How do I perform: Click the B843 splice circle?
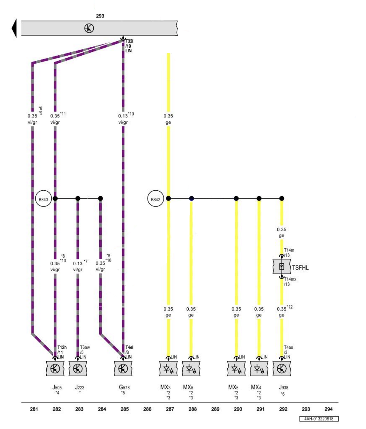tap(43, 199)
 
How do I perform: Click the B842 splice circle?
tap(155, 199)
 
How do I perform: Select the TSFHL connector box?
tap(282, 267)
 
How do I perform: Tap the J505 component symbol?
tap(55, 368)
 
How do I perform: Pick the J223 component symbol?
tap(78, 368)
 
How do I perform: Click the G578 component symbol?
tap(123, 368)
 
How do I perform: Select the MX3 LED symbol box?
tap(168, 369)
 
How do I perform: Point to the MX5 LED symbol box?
tap(191, 369)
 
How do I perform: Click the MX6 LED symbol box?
tap(236, 369)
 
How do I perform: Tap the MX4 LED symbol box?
tap(259, 369)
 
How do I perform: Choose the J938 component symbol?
tap(282, 368)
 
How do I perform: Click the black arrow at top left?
tap(14, 28)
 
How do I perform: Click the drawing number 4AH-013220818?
tap(319, 419)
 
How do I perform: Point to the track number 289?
tap(215, 409)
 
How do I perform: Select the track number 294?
tap(329, 409)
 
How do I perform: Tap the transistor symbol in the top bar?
tap(89, 28)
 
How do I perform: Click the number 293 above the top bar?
tap(100, 16)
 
